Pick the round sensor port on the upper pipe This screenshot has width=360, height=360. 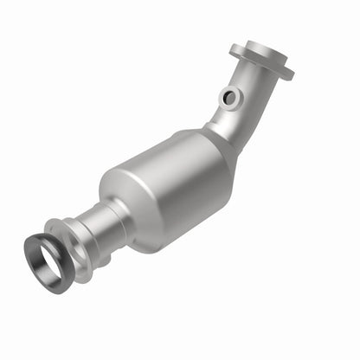pos(229,98)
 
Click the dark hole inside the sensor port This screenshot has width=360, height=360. pos(229,98)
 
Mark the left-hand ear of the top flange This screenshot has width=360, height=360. pos(237,46)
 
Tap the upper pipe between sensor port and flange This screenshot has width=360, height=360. pos(251,82)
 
